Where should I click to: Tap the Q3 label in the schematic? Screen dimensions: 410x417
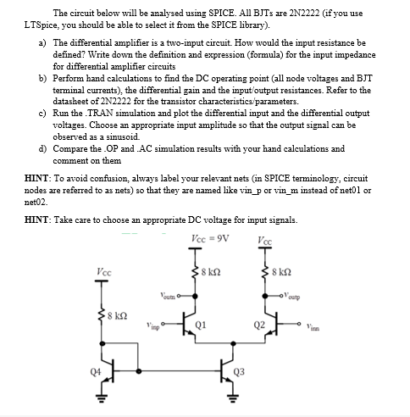(x=240, y=370)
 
